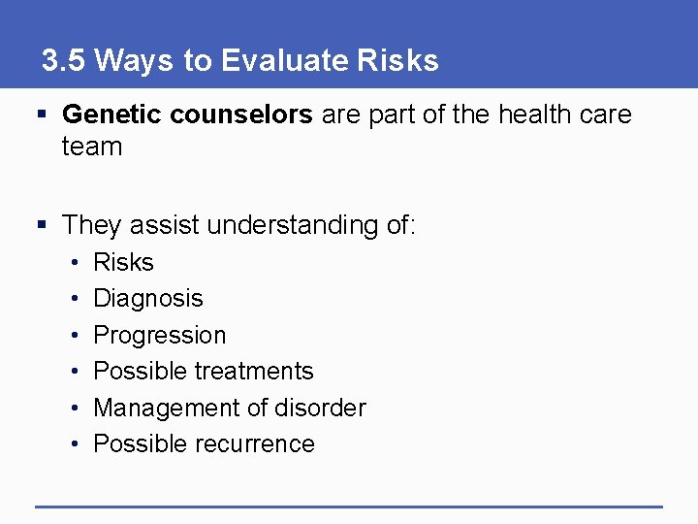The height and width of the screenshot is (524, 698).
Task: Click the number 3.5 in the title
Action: point(64,61)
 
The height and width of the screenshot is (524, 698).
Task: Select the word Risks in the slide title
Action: point(397,61)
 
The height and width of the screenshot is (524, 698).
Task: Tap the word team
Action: point(92,147)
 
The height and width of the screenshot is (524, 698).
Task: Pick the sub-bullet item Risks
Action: point(123,263)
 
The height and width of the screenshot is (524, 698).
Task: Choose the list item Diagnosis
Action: point(148,299)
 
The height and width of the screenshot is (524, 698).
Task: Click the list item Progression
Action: point(159,336)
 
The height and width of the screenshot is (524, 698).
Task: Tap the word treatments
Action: point(255,372)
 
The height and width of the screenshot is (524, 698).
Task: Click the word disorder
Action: point(320,408)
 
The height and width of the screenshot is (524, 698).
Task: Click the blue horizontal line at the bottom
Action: point(349,506)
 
